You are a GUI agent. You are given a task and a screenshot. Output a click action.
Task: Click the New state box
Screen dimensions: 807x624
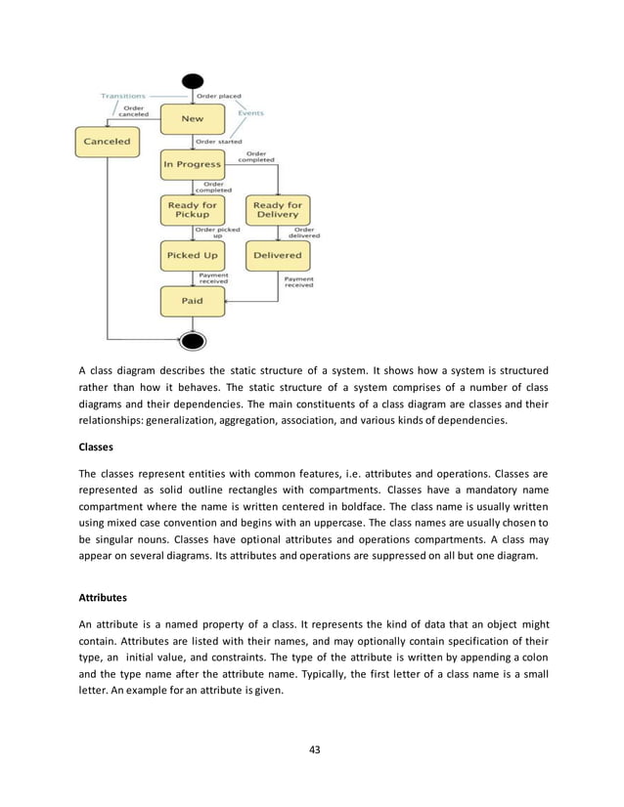192,120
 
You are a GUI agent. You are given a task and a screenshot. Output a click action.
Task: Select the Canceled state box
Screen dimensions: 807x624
108,142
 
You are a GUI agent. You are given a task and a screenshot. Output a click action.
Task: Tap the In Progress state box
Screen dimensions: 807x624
192,164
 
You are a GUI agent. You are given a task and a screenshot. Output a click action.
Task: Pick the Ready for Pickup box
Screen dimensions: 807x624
192,210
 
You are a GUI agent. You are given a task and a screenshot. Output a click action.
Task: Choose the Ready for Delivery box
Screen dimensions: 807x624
278,210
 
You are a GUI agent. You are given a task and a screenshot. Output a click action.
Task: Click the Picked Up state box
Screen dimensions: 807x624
192,256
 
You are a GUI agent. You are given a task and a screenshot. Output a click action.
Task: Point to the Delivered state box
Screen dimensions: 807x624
278,256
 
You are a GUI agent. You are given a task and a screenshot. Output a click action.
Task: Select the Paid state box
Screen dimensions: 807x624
192,301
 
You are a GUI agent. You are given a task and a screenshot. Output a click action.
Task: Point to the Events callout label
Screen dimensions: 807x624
250,113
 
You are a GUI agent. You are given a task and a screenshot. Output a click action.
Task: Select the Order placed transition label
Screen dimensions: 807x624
220,96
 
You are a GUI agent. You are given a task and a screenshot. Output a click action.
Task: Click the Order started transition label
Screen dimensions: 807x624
220,142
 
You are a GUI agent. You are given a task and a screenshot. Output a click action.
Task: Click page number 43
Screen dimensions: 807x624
312,750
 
